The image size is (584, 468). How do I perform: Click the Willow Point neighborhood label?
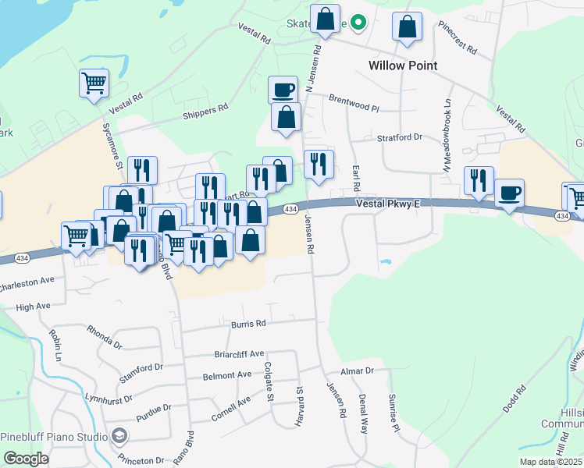(403, 66)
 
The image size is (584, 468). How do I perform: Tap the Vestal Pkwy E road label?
(388, 204)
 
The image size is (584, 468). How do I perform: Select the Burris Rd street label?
(248, 323)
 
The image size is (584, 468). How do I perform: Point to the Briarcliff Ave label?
(240, 354)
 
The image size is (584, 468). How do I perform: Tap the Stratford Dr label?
(398, 136)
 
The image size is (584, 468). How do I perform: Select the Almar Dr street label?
(358, 371)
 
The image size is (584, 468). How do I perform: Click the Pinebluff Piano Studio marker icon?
(119, 435)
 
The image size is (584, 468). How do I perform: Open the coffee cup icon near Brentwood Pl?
(283, 90)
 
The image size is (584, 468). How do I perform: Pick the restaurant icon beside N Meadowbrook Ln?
(478, 180)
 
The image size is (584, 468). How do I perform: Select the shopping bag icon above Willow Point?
(406, 27)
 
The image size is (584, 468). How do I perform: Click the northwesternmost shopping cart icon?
(94, 82)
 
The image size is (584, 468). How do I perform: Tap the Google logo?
(26, 459)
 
